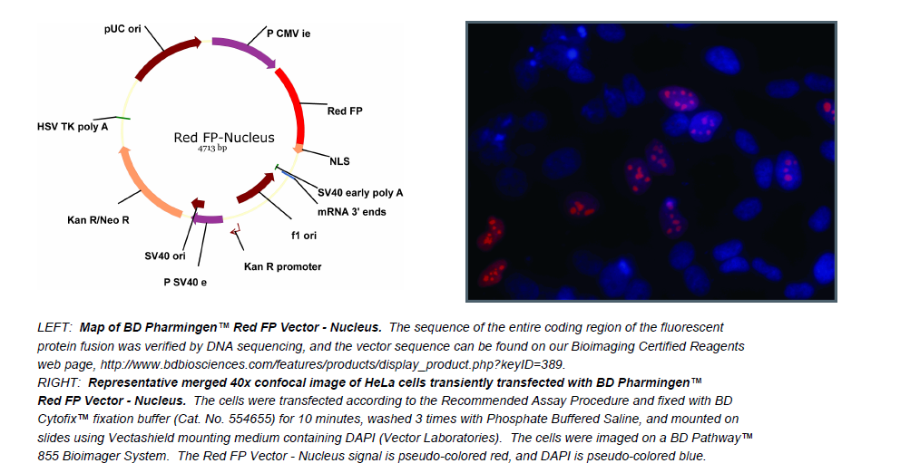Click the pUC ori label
pos(122,29)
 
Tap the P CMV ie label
pos(289,34)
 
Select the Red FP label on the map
pos(345,111)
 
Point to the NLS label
pos(339,161)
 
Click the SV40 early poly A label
pos(360,193)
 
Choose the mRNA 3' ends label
pos(352,212)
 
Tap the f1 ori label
pos(304,235)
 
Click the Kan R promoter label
pos(283,266)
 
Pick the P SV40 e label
pos(185,283)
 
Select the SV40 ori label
pos(165,256)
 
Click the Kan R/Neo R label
pos(98,220)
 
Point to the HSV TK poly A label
pos(73,127)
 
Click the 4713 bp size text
pos(212,149)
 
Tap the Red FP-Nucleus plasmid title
pos(224,138)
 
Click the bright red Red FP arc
pos(297,104)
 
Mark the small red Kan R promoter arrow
pos(236,231)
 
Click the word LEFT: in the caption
pos(54,328)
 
